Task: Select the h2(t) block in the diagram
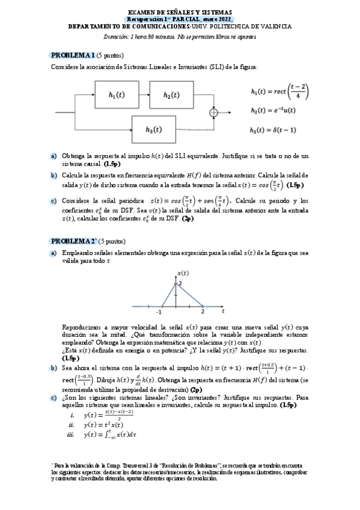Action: point(171,95)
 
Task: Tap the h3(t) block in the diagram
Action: point(153,129)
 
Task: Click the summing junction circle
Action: point(213,112)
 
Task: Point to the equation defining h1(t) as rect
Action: point(279,91)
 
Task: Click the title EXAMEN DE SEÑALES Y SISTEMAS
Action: point(180,12)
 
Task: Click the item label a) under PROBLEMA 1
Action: point(53,156)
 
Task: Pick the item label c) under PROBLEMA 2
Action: point(53,398)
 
